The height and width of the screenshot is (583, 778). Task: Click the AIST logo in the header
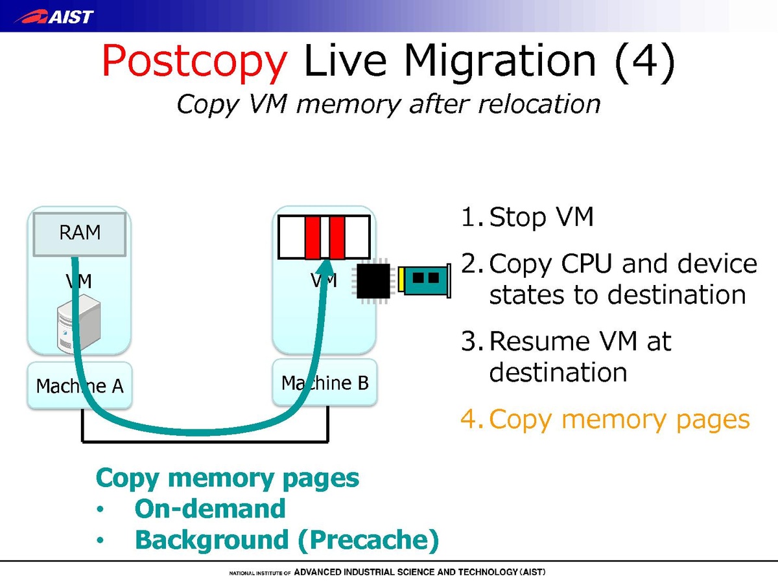click(54, 16)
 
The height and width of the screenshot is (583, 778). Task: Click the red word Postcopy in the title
click(194, 63)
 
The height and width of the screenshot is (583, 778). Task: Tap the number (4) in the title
click(645, 62)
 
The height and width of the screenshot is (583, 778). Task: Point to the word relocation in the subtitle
click(539, 104)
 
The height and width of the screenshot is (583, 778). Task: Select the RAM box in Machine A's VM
click(80, 234)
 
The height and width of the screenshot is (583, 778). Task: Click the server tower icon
click(78, 323)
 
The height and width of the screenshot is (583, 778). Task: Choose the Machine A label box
click(80, 385)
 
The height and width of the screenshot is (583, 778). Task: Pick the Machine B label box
click(325, 382)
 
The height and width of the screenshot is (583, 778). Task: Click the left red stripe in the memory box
click(313, 238)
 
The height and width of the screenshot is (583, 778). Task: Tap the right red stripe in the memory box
click(337, 238)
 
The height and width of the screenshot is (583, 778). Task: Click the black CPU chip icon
click(373, 281)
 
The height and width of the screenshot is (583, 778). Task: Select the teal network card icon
click(425, 280)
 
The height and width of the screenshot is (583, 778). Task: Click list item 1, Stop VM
click(527, 218)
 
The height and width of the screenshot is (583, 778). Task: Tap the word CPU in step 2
click(587, 264)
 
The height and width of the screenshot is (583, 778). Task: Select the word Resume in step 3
click(539, 342)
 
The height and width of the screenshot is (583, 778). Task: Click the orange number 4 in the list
click(470, 419)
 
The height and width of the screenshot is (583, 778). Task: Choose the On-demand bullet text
click(210, 509)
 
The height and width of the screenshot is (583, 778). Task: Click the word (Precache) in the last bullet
click(369, 540)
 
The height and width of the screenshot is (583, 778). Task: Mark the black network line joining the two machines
click(205, 441)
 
